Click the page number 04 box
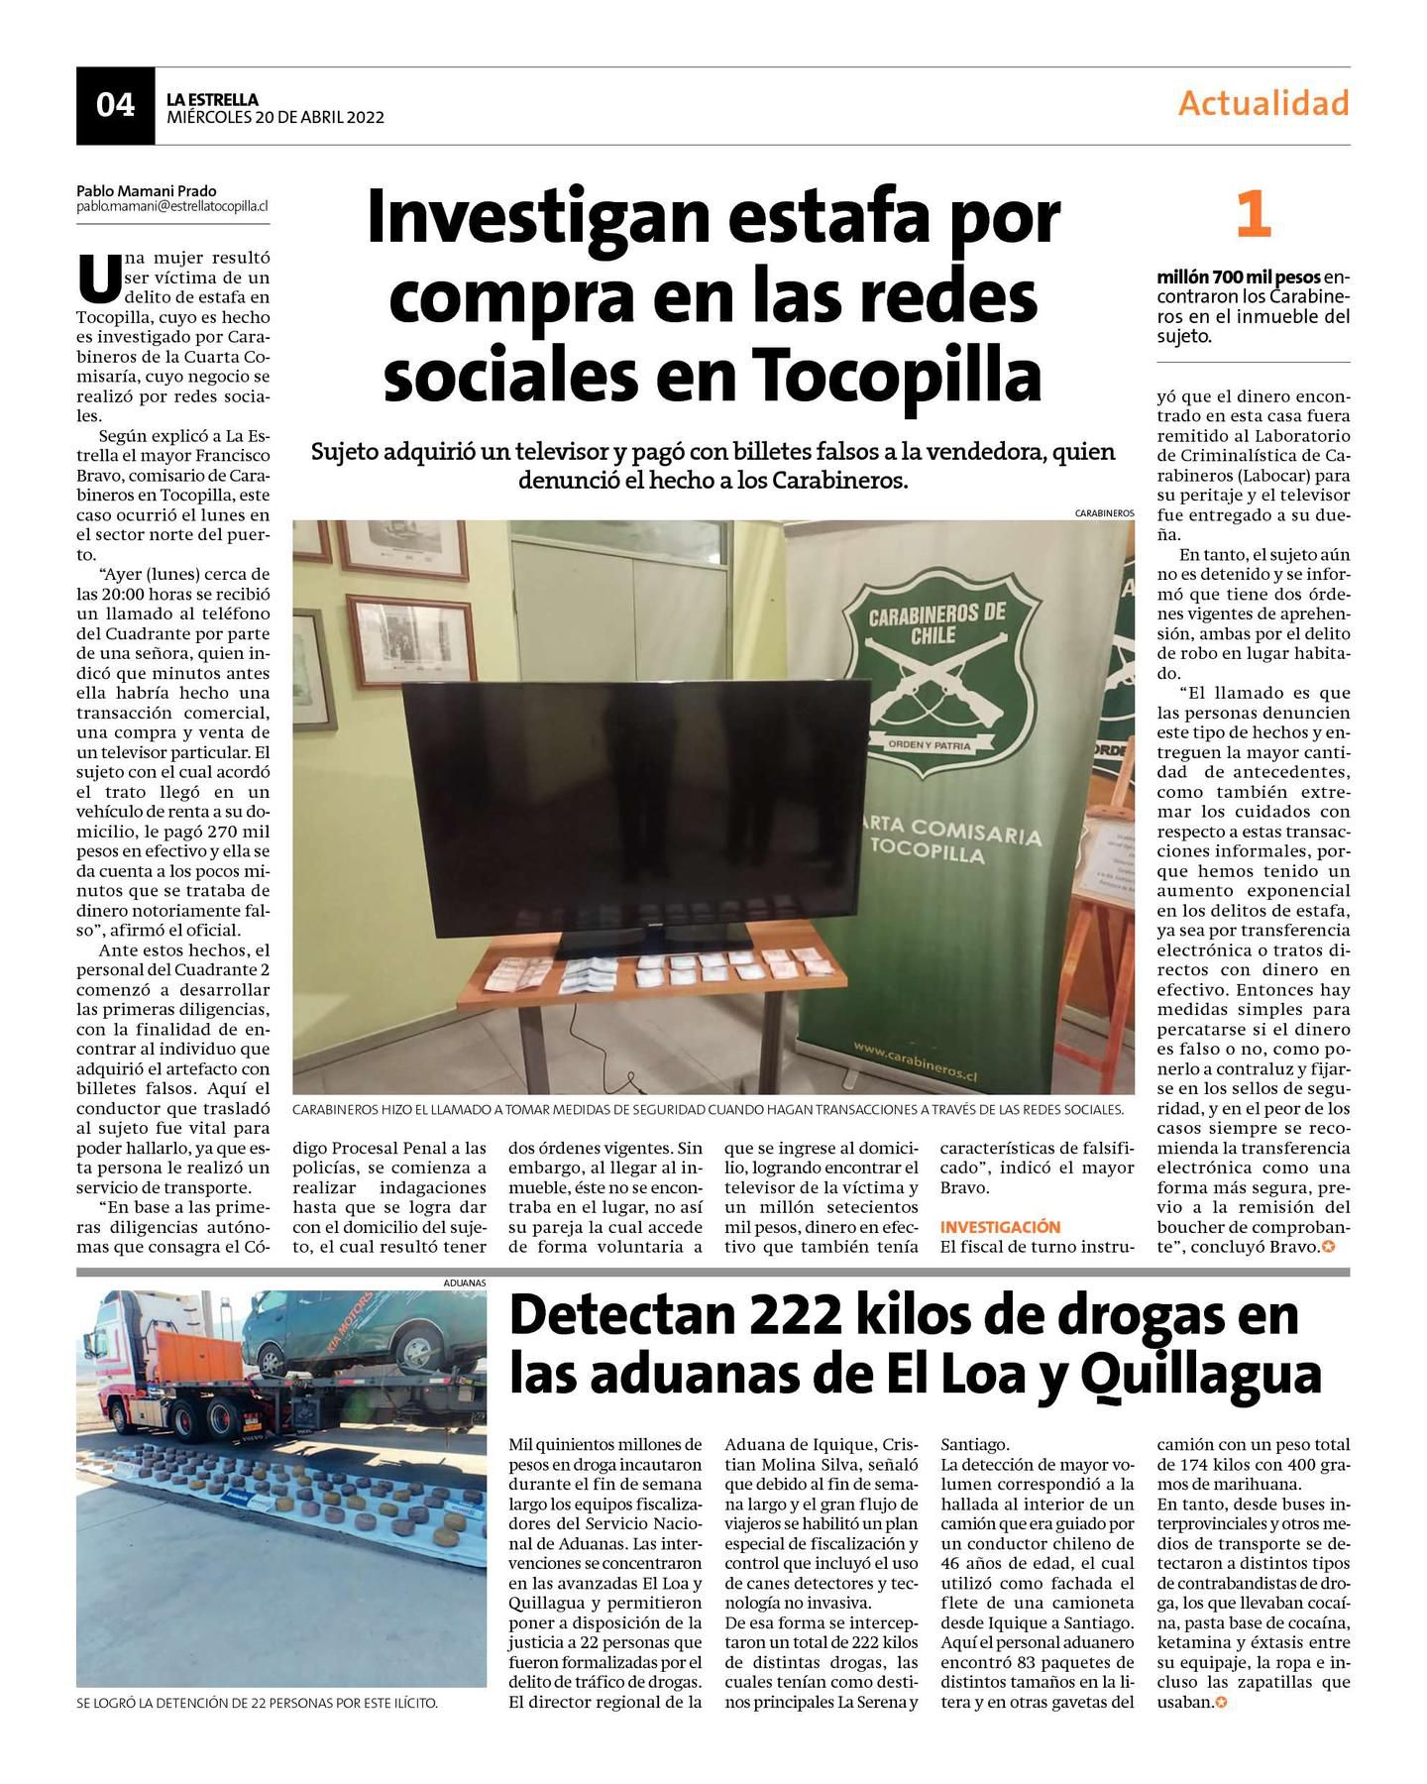pos(115,105)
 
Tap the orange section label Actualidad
pos(1263,103)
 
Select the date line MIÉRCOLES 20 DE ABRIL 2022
pos(274,117)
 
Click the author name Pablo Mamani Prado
pos(146,190)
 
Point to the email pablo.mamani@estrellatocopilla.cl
pos(172,206)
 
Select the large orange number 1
pos(1253,216)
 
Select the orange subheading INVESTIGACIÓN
pos(1000,1227)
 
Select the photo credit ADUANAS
pos(466,1282)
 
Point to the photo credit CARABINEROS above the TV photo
pos(1104,513)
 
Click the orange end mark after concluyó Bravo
pos(1329,1247)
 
